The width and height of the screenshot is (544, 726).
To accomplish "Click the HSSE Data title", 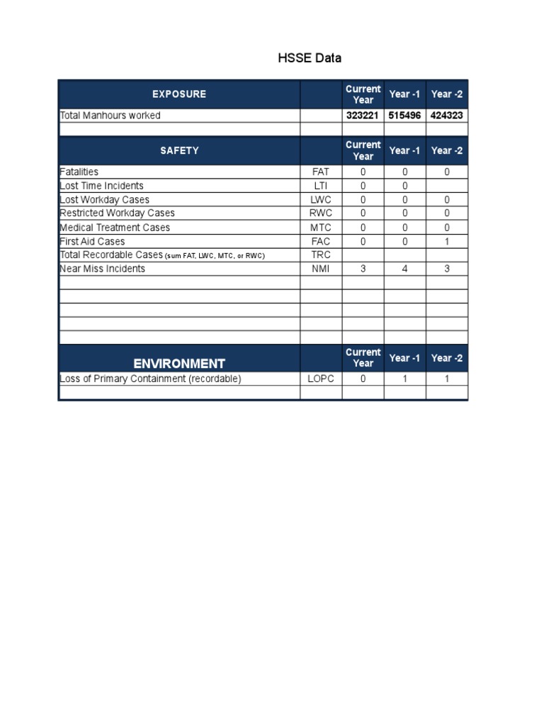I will (310, 58).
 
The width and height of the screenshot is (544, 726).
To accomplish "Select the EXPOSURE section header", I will (179, 94).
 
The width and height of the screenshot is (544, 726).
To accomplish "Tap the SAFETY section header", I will (179, 150).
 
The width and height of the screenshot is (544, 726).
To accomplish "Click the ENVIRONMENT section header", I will (179, 363).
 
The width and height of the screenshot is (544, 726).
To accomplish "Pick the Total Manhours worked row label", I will (110, 116).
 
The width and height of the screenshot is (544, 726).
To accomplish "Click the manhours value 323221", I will (363, 116).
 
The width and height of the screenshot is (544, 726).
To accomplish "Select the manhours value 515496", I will (404, 116).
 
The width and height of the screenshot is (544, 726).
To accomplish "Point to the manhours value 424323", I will (447, 116).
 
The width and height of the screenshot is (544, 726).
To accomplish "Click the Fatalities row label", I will (79, 172).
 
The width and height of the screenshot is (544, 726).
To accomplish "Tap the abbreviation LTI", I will (321, 186).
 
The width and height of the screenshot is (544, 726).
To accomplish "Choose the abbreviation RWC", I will (321, 213).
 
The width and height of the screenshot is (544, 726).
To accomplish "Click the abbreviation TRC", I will (321, 255).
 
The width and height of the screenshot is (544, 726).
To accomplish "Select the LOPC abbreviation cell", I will (321, 379).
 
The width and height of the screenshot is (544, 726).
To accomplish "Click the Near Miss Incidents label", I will (103, 269).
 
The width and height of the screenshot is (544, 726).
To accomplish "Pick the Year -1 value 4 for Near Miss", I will (404, 269).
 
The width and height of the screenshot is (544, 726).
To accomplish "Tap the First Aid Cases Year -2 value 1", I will (447, 241).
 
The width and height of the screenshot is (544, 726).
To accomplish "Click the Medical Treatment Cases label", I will (115, 228).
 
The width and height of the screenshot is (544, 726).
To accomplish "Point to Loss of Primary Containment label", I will (151, 379).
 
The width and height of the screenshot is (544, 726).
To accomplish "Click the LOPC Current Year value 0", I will (363, 379).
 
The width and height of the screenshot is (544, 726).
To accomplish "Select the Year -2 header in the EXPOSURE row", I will (447, 94).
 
